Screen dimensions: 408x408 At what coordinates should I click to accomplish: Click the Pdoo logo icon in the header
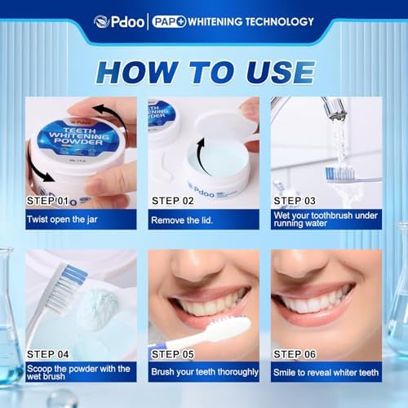tap(102, 21)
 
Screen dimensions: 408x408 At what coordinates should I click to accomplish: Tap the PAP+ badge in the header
tap(169, 22)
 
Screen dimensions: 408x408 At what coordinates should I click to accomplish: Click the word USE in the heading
tap(281, 72)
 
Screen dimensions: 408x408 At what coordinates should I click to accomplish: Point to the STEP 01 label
tap(47, 201)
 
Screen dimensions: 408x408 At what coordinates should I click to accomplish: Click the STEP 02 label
tap(173, 201)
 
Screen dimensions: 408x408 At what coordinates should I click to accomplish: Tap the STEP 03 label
tap(295, 201)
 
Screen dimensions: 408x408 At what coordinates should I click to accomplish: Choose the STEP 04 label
tap(47, 354)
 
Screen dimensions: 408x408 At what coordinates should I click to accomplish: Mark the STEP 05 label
tap(173, 354)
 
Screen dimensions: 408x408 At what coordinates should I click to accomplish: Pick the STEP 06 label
tap(295, 354)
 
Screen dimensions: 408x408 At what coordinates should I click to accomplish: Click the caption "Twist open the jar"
tap(62, 220)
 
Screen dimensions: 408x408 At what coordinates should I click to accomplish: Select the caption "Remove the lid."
tap(182, 220)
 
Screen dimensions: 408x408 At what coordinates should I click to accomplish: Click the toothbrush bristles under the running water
tap(340, 174)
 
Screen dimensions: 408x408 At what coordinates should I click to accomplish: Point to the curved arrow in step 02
tap(203, 157)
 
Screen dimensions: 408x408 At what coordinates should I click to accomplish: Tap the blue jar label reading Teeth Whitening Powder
tap(78, 135)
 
